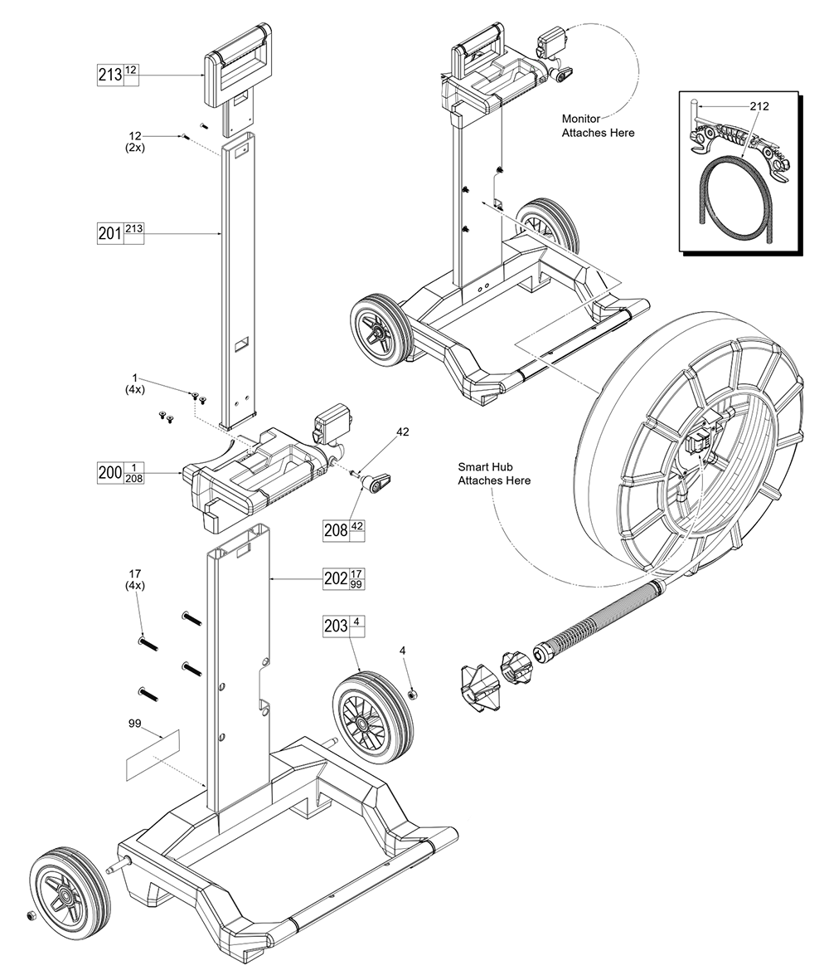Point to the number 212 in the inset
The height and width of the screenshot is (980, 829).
click(759, 106)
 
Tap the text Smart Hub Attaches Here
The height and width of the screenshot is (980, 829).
click(493, 474)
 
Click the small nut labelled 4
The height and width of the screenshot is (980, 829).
click(414, 693)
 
